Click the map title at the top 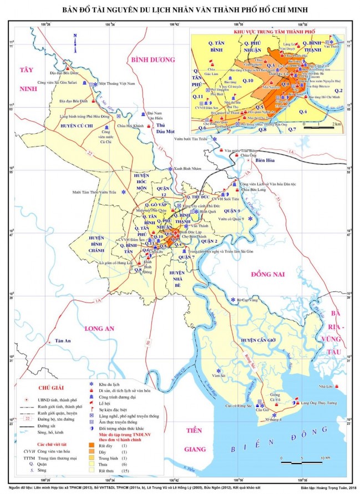click(180, 11)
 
